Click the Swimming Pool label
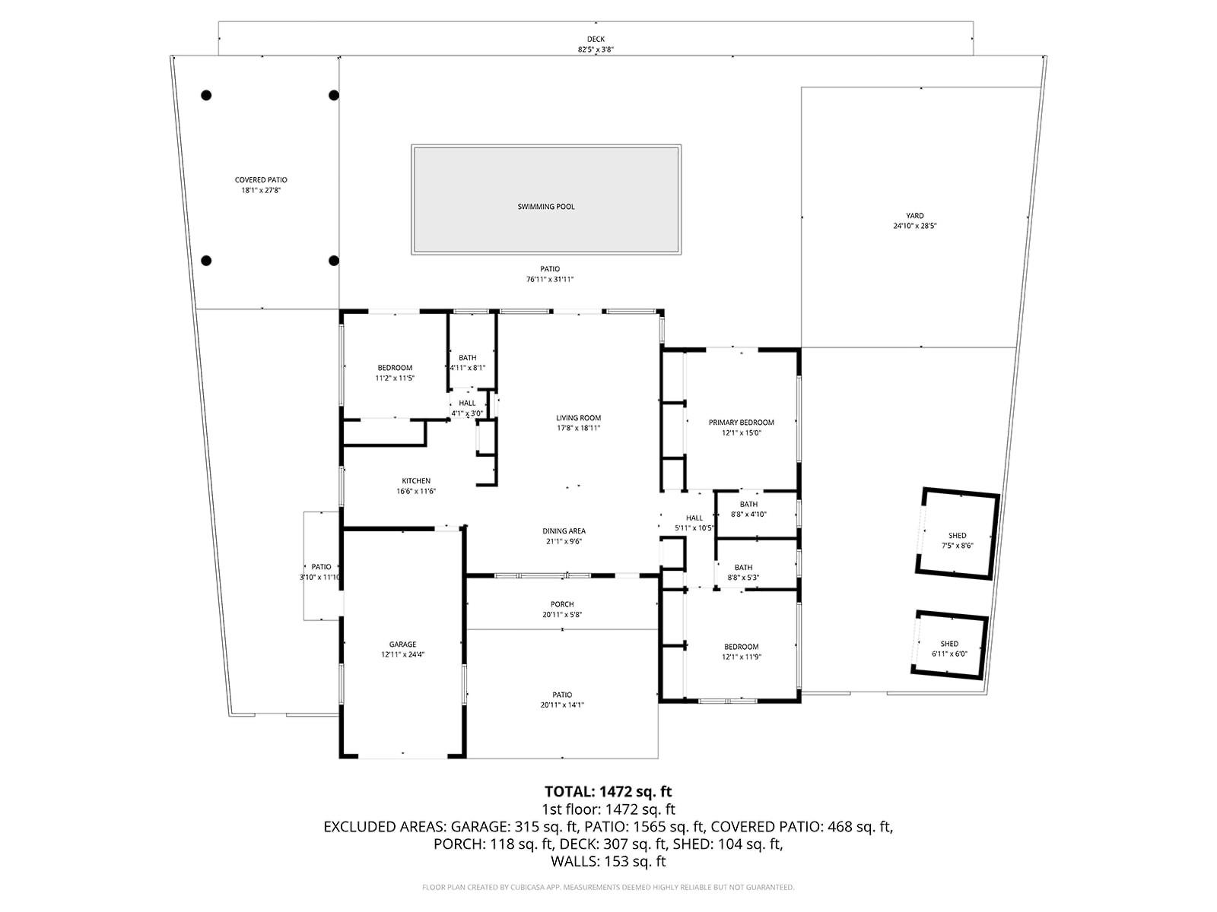[x=546, y=207]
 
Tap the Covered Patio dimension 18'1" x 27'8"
[x=261, y=191]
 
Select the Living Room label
[x=578, y=418]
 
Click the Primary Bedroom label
[x=741, y=423]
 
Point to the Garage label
[x=402, y=644]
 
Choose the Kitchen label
[x=416, y=481]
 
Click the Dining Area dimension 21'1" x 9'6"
[x=564, y=542]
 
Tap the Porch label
[x=562, y=605]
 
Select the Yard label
[x=914, y=216]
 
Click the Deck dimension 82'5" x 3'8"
[x=596, y=50]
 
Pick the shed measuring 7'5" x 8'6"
[x=957, y=540]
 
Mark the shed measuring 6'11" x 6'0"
[x=949, y=648]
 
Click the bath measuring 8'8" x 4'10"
[x=748, y=509]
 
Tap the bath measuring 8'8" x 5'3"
[x=743, y=572]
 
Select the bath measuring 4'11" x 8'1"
[x=467, y=363]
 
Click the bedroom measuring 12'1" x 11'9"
[x=741, y=651]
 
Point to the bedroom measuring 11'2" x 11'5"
[x=395, y=372]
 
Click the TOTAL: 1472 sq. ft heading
[x=608, y=792]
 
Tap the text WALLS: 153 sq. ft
[x=608, y=862]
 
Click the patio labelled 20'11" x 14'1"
[x=562, y=699]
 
